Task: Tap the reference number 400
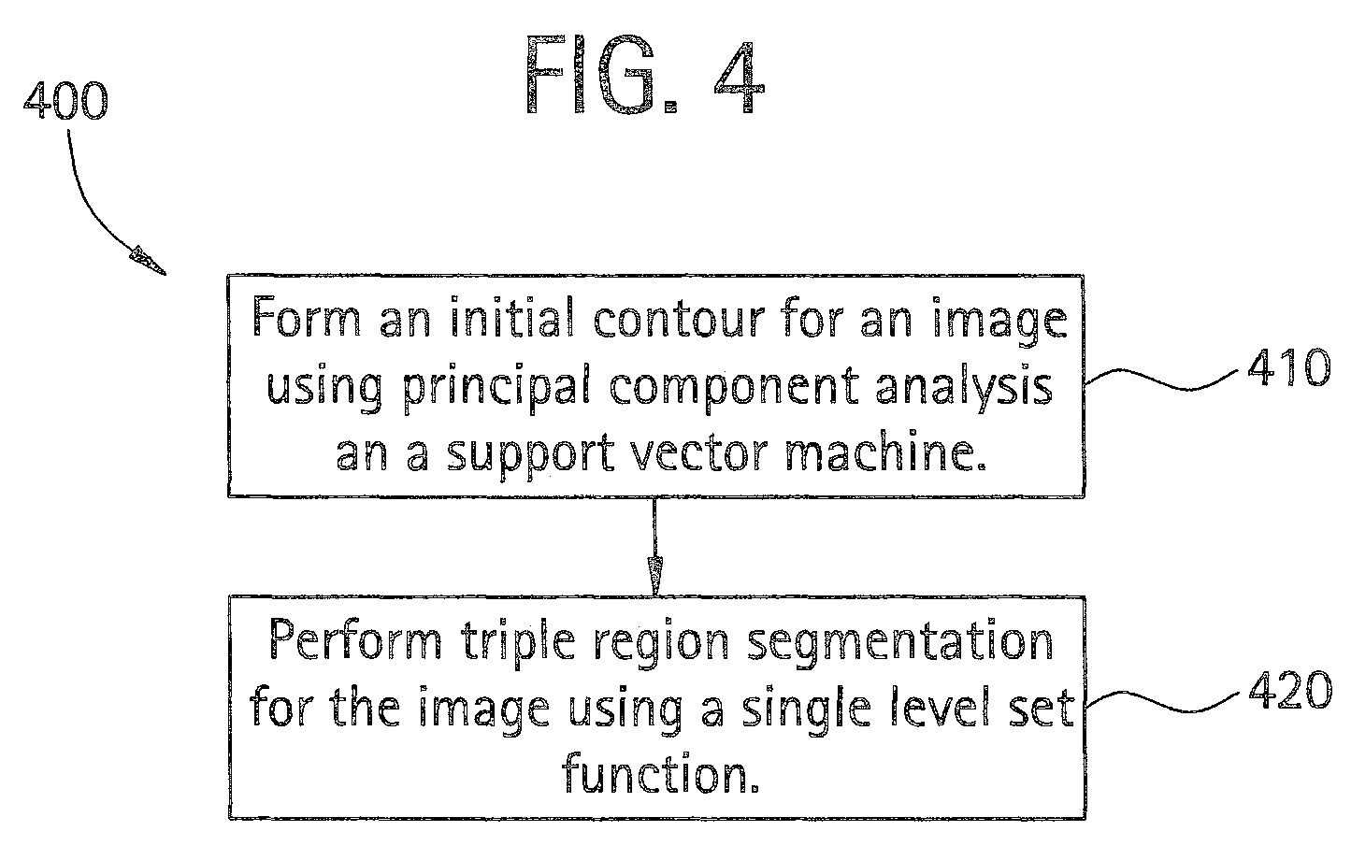pyautogui.click(x=66, y=100)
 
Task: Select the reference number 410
pyautogui.click(x=1289, y=367)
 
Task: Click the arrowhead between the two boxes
pyautogui.click(x=654, y=575)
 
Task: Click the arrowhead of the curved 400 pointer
pyautogui.click(x=147, y=261)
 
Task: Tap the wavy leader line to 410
pyautogui.click(x=1161, y=380)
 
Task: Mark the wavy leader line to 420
pyautogui.click(x=1162, y=701)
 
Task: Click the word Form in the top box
pyautogui.click(x=307, y=317)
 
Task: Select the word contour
pyautogui.click(x=679, y=318)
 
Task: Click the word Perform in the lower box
pyautogui.click(x=356, y=638)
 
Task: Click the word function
pyautogui.click(x=660, y=771)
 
